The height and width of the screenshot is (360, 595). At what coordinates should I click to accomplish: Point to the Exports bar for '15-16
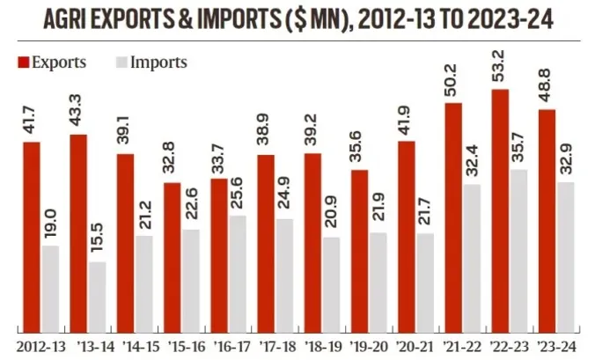tap(173, 255)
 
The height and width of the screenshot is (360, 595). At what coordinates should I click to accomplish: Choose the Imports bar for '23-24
tap(565, 254)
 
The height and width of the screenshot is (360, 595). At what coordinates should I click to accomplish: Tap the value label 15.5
tap(98, 238)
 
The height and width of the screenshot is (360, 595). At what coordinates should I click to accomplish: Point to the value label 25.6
tap(238, 193)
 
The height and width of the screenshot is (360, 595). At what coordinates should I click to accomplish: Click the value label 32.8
tap(173, 161)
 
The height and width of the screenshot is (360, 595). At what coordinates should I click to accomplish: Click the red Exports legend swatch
tap(22, 62)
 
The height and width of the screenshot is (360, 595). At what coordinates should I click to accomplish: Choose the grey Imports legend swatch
tap(121, 62)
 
